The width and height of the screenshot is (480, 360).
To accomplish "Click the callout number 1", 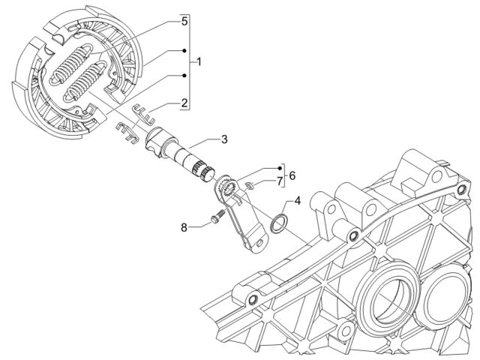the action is pyautogui.click(x=199, y=61).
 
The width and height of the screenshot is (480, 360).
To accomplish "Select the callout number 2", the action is pyautogui.click(x=184, y=103).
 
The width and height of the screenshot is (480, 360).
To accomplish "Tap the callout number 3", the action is pyautogui.click(x=224, y=139).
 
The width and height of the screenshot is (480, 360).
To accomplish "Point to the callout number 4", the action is pyautogui.click(x=298, y=201).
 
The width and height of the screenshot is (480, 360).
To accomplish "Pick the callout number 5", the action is pyautogui.click(x=184, y=22).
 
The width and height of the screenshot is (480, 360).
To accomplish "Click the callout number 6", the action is pyautogui.click(x=292, y=175).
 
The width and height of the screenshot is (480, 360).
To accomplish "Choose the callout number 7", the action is pyautogui.click(x=279, y=181).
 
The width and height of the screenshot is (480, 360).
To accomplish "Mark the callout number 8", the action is pyautogui.click(x=184, y=227).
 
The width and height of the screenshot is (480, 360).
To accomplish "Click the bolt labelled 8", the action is pyautogui.click(x=217, y=216).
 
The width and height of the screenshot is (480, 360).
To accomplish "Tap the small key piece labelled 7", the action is pyautogui.click(x=250, y=185).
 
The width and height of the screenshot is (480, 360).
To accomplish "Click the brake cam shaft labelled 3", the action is pyautogui.click(x=180, y=154).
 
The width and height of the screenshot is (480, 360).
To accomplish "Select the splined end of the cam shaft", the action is pyautogui.click(x=203, y=172).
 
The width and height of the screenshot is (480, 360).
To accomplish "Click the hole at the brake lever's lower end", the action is pyautogui.click(x=259, y=243).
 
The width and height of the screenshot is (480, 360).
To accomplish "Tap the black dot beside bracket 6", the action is pyautogui.click(x=280, y=168).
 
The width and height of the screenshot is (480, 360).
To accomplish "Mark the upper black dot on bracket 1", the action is pyautogui.click(x=184, y=50).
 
